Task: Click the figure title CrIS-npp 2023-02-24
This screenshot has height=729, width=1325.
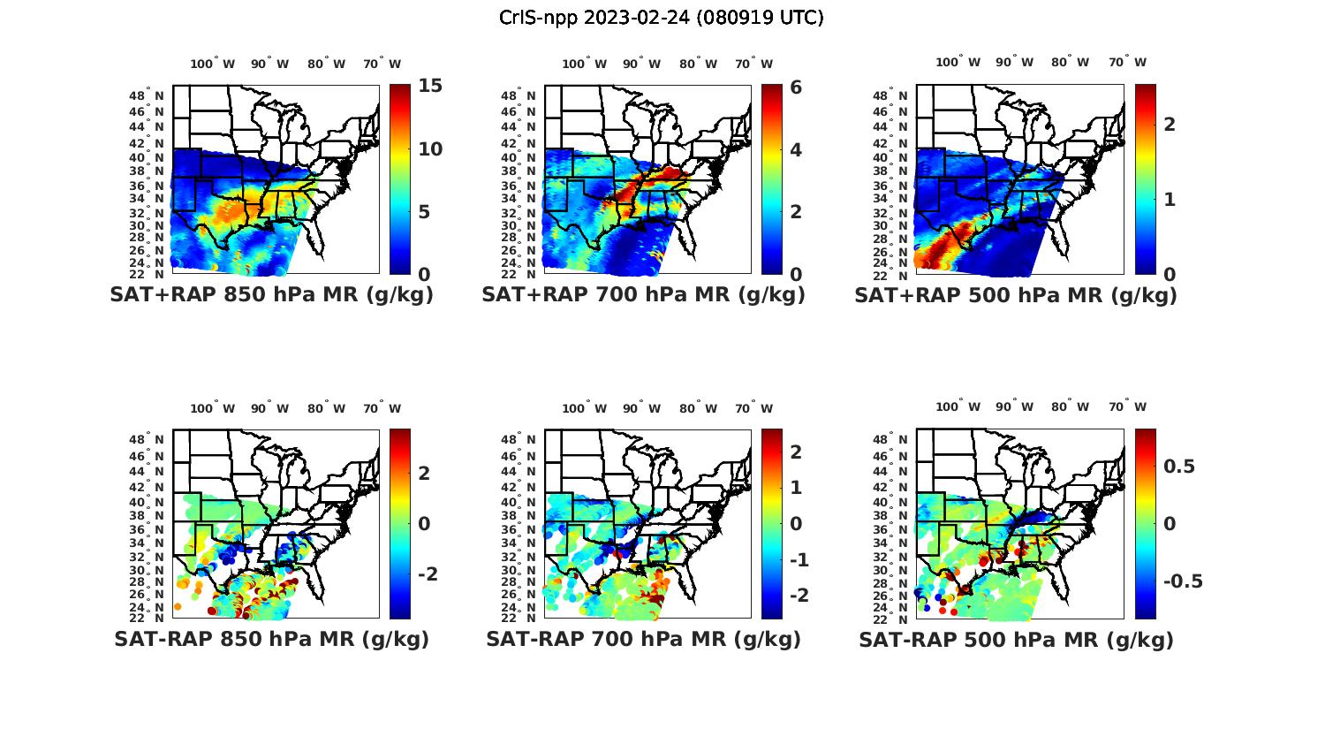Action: click(661, 18)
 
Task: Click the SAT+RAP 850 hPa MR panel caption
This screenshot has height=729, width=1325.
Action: click(271, 295)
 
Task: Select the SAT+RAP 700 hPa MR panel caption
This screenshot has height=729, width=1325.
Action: click(643, 295)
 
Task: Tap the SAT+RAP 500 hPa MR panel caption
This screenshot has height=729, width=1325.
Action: click(1016, 295)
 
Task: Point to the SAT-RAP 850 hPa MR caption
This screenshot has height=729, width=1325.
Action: click(271, 639)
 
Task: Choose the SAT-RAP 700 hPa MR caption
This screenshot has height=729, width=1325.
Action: click(643, 639)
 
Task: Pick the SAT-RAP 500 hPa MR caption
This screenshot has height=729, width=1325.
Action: click(1016, 639)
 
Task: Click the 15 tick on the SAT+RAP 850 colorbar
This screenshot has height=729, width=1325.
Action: click(430, 87)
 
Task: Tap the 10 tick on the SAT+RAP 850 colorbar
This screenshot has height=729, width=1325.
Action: click(430, 149)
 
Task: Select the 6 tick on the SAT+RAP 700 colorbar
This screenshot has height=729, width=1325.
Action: click(796, 87)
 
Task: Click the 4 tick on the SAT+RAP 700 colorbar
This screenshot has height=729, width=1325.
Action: click(796, 149)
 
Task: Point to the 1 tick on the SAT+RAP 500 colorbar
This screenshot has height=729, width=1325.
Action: click(1170, 200)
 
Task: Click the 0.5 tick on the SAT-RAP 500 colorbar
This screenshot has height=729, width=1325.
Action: click(1180, 467)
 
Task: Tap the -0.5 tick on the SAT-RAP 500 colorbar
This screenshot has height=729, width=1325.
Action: click(1183, 581)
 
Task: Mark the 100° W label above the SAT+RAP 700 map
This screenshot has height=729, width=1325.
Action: click(584, 64)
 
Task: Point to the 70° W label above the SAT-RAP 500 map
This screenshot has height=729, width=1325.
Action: click(1127, 407)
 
